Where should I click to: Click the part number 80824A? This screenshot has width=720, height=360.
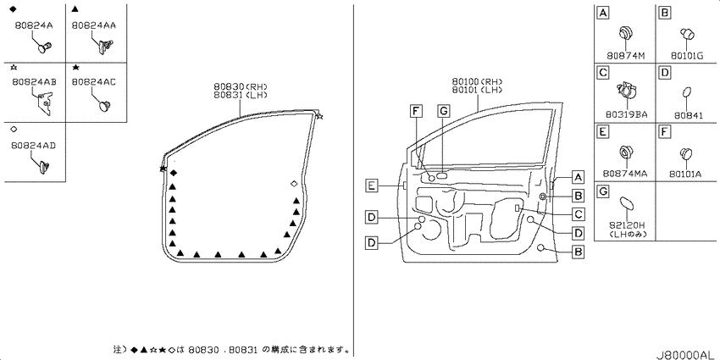click(x=34, y=25)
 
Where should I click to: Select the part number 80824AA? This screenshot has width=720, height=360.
click(x=94, y=25)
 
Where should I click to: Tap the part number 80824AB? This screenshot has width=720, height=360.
click(x=35, y=81)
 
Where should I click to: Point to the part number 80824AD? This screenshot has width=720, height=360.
click(x=35, y=146)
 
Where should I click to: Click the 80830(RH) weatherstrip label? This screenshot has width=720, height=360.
click(x=241, y=86)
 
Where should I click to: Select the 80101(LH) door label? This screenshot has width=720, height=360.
click(x=477, y=90)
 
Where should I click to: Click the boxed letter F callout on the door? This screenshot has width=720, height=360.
click(x=416, y=111)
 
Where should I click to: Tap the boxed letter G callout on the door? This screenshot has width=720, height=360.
click(x=443, y=111)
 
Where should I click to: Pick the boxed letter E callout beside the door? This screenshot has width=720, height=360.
click(x=372, y=186)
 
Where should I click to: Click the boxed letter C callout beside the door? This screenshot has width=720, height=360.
click(x=579, y=214)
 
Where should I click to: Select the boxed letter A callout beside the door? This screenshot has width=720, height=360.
click(x=579, y=177)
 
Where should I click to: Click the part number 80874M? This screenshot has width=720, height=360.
click(x=626, y=56)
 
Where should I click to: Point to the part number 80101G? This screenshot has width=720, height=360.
click(x=686, y=56)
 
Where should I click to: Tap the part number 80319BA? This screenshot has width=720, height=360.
click(x=626, y=115)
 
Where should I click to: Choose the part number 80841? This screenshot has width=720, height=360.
click(x=689, y=116)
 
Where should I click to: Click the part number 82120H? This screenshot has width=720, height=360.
click(x=626, y=225)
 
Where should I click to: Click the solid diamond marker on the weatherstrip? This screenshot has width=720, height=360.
click(x=173, y=173)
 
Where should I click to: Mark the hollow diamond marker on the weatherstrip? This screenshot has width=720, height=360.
click(x=294, y=184)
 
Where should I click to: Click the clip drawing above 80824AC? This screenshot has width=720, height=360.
click(x=105, y=106)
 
